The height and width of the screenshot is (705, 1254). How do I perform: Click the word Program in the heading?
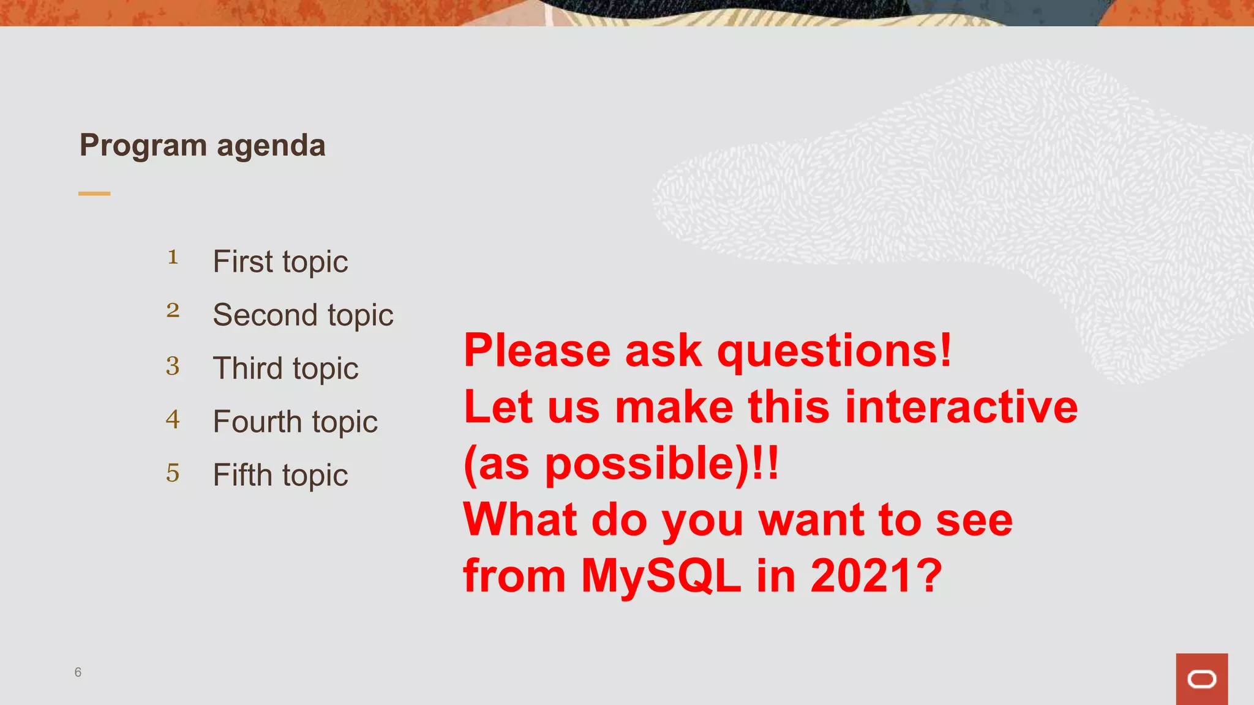pyautogui.click(x=143, y=146)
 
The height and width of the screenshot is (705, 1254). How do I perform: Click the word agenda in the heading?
pyautogui.click(x=271, y=146)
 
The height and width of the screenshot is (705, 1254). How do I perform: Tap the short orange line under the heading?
pyautogui.click(x=94, y=193)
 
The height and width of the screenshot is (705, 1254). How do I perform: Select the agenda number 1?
pyautogui.click(x=173, y=257)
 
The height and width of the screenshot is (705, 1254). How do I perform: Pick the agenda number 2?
pyautogui.click(x=173, y=310)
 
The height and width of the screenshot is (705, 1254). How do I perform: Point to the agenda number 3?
pyautogui.click(x=173, y=366)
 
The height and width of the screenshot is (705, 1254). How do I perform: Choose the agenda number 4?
pyautogui.click(x=173, y=419)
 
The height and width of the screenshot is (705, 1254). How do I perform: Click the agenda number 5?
pyautogui.click(x=173, y=473)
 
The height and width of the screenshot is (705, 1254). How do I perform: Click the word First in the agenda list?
pyautogui.click(x=242, y=262)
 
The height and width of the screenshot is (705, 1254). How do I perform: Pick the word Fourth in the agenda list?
pyautogui.click(x=257, y=422)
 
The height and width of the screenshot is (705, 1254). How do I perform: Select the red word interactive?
pyautogui.click(x=961, y=408)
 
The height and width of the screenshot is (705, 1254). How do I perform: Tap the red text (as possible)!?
pyautogui.click(x=621, y=464)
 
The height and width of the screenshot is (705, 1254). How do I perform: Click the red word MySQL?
pyautogui.click(x=661, y=576)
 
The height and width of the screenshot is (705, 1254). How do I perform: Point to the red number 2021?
pyautogui.click(x=876, y=576)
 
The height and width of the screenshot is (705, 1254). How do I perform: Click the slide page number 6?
pyautogui.click(x=78, y=672)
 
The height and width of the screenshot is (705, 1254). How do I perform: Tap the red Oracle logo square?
pyautogui.click(x=1201, y=679)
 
